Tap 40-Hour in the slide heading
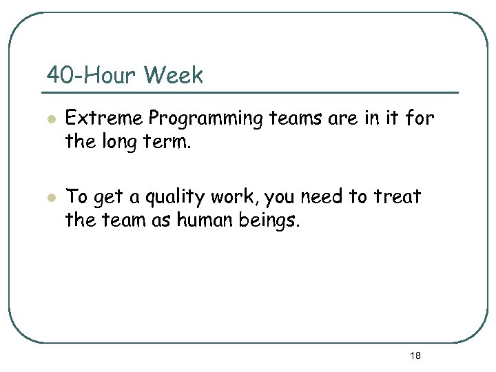click(x=90, y=74)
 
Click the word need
click(x=318, y=197)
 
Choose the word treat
click(x=397, y=197)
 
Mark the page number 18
click(x=415, y=355)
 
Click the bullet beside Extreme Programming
click(x=50, y=119)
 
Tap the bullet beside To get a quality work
click(x=50, y=198)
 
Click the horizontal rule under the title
click(x=251, y=92)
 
